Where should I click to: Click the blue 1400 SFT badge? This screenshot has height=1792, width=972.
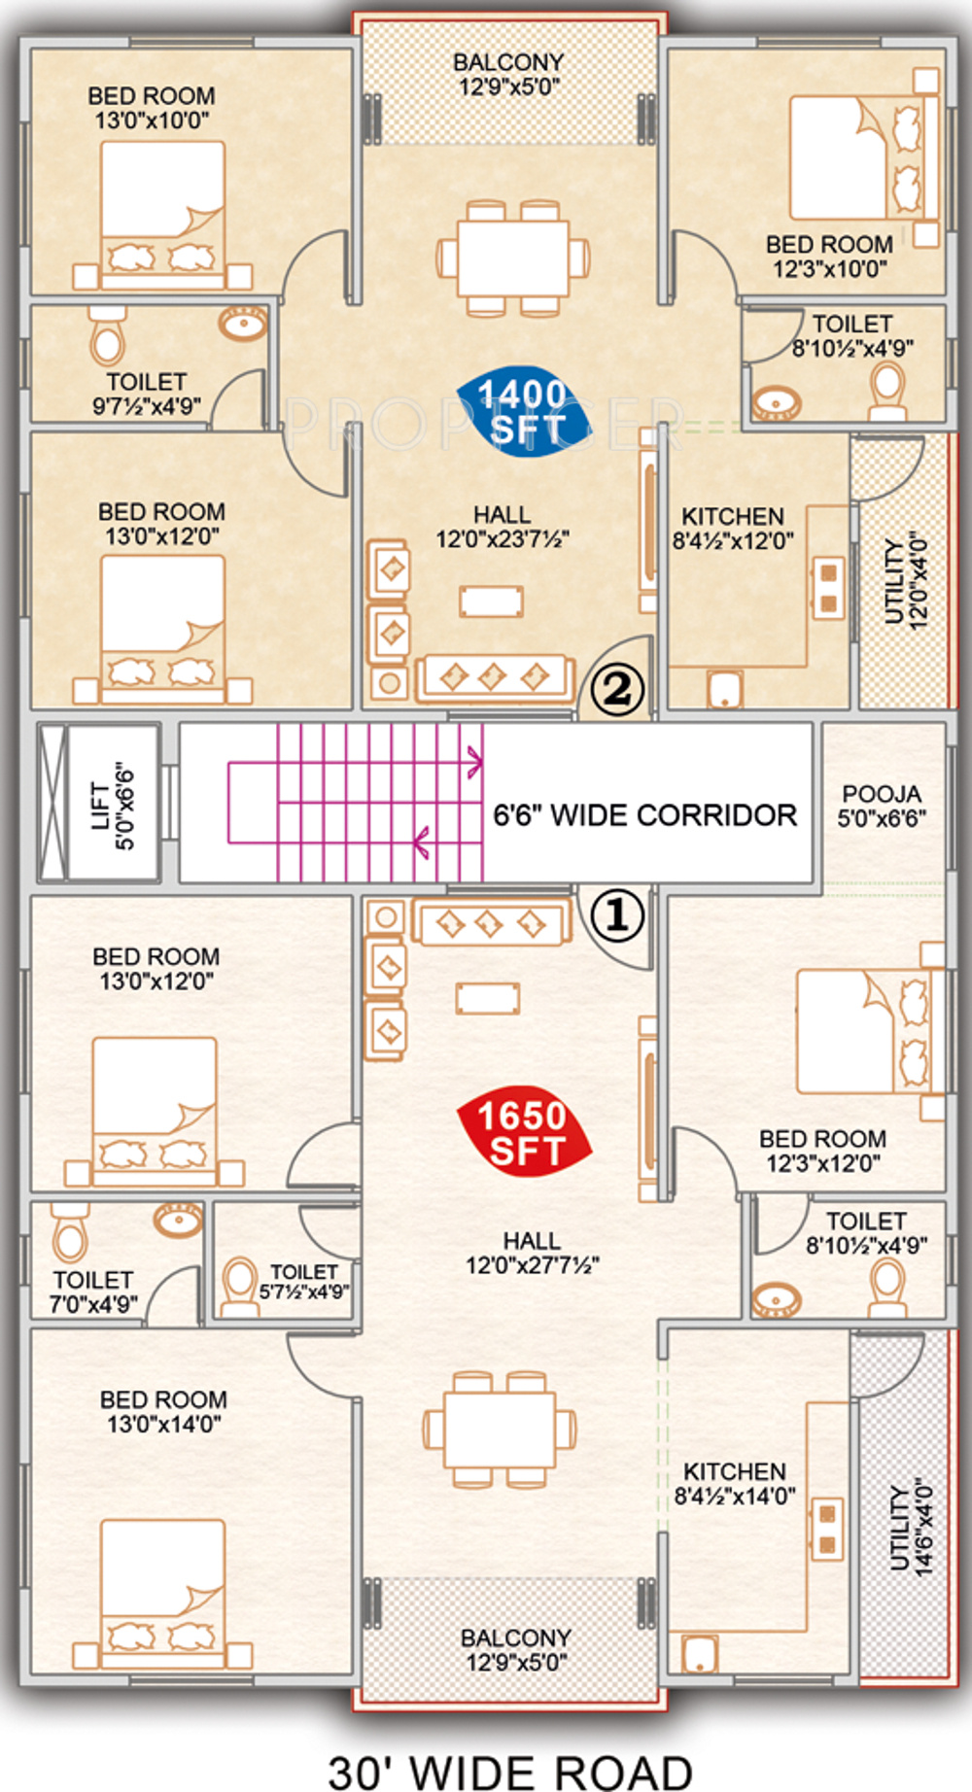click(524, 411)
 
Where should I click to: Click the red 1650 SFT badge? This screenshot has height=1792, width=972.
click(524, 1133)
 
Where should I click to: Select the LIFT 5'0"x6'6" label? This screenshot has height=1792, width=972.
click(113, 805)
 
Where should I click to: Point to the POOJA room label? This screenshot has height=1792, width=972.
click(882, 806)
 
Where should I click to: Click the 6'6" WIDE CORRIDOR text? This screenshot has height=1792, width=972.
click(644, 814)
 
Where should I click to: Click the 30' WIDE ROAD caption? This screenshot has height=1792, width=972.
click(510, 1772)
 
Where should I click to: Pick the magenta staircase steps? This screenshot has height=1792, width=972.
click(356, 802)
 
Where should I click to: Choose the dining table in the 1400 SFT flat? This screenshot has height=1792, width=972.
click(513, 258)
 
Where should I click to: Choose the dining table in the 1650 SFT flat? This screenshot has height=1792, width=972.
click(500, 1430)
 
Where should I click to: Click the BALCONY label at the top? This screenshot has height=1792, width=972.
click(508, 74)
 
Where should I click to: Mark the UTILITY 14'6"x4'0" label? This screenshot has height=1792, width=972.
click(911, 1528)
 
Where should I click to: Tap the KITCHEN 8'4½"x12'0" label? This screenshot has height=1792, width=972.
click(733, 528)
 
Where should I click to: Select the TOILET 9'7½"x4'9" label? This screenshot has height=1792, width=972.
click(146, 394)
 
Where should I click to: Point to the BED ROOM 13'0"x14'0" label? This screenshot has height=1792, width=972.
click(163, 1411)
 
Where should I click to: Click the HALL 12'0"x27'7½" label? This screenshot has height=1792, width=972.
click(532, 1253)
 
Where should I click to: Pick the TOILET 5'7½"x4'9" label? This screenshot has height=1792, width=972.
click(303, 1282)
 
